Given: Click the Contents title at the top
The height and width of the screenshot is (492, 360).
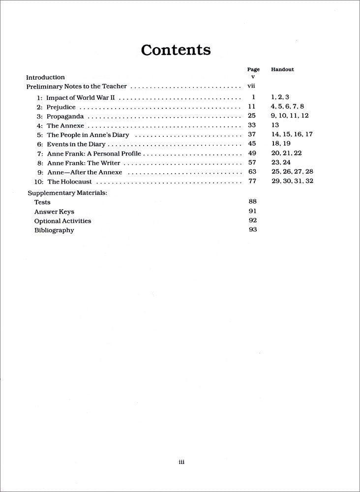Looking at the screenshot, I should tap(176, 50).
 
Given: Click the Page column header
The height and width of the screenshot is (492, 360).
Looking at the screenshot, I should tap(253, 69).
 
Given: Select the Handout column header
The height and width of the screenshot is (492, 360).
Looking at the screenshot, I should tap(282, 69).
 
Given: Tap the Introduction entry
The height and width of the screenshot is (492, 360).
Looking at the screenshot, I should tap(45, 77).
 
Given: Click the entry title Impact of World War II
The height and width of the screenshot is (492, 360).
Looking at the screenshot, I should tap(81, 97).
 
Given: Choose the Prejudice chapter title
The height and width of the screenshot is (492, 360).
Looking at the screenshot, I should tap(62, 107).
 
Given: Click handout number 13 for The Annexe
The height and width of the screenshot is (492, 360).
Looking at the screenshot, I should tap(274, 125).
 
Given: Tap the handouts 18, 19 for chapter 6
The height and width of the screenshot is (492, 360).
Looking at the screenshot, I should tap(280, 143).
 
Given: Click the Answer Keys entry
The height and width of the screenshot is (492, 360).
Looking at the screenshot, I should tap(54, 212).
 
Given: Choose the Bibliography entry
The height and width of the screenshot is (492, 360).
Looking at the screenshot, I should tap(54, 230).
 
